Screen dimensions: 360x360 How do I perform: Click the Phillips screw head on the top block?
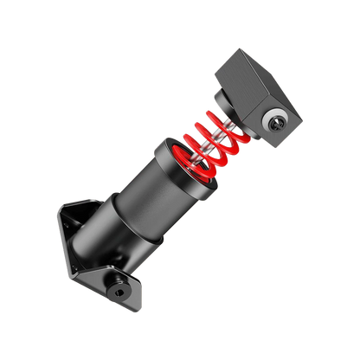276,119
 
